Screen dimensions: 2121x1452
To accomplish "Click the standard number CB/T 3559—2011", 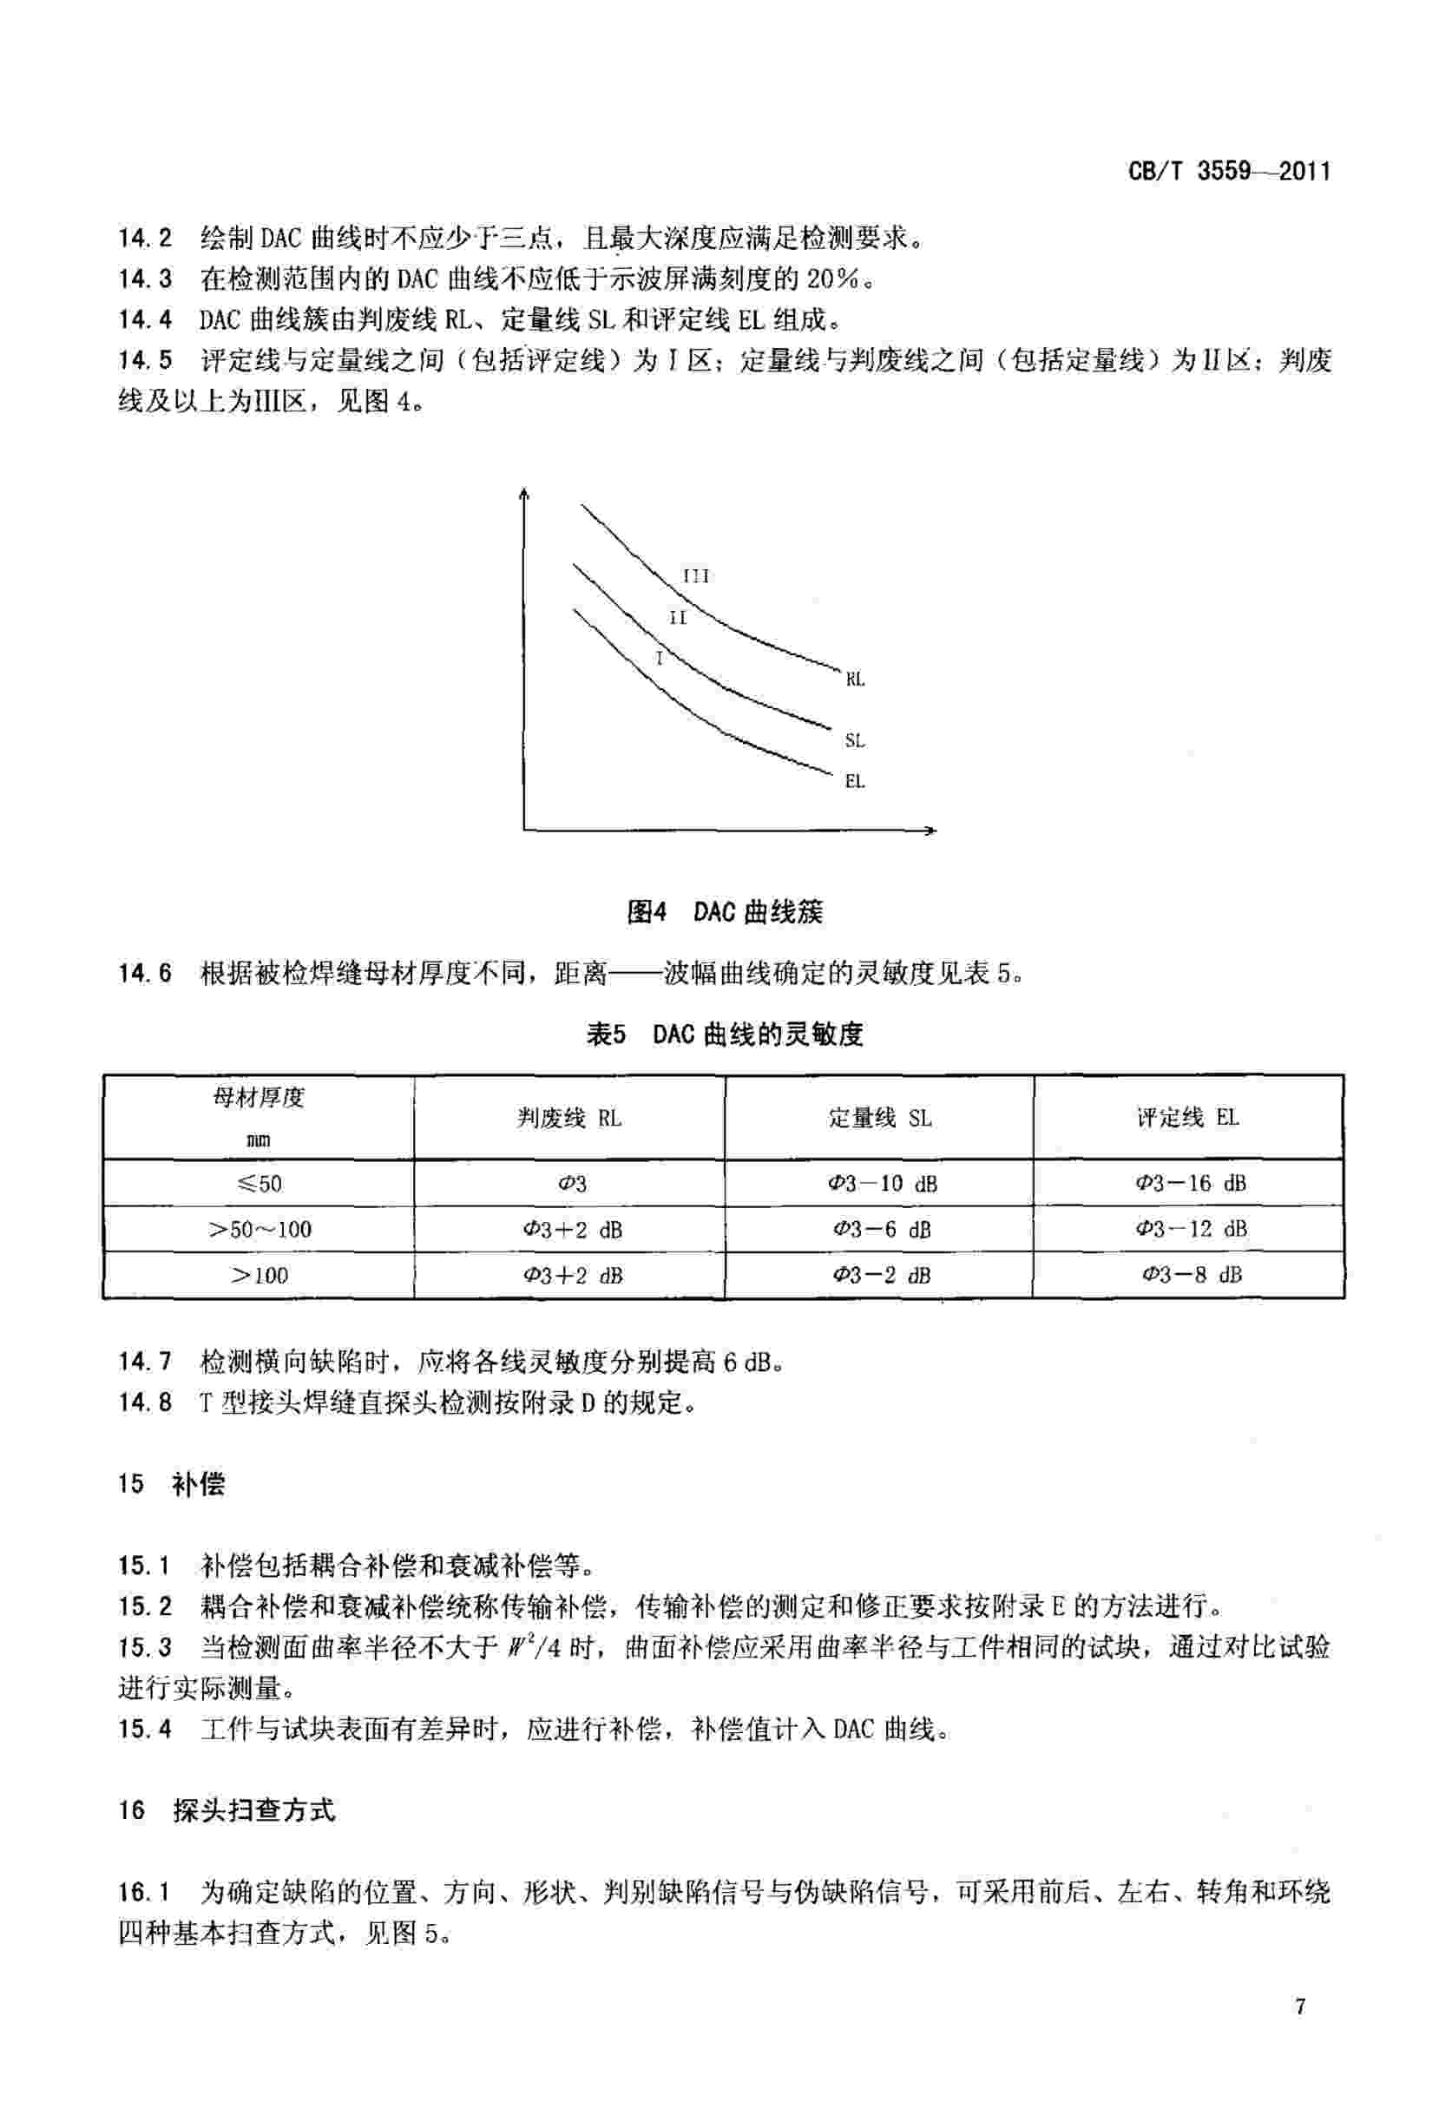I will coord(1228,171).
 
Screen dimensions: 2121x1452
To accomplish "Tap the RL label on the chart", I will coord(854,680).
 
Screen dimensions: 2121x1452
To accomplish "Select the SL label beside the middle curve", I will coord(854,740).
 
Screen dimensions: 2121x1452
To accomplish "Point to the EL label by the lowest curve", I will coord(854,781).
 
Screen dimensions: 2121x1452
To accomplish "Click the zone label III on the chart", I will coord(695,576).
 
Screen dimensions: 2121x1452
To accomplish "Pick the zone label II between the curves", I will coord(677,618).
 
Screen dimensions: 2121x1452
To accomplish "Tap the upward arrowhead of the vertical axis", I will coord(524,495).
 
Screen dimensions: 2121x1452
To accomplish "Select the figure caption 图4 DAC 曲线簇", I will coord(725,912).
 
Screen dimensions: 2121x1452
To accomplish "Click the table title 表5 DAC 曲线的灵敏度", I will coord(725,1034).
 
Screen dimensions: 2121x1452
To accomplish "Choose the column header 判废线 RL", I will coord(569,1118).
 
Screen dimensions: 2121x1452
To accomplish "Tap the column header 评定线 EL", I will coord(1187,1118).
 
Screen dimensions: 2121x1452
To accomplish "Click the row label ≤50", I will coord(260,1184).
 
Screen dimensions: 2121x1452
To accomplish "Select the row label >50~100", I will coord(260,1230).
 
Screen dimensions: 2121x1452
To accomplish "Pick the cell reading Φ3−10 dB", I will coord(882,1184).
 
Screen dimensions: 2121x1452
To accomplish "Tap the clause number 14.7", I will coord(144,1363).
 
